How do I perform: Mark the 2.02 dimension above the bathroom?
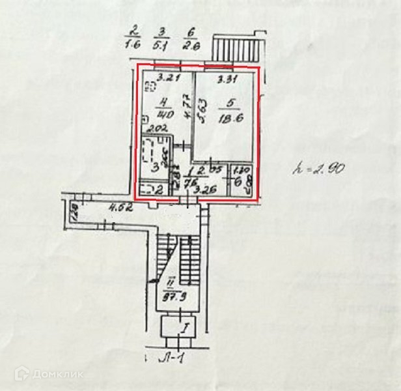pos(155,129)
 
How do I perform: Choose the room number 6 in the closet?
pos(240,182)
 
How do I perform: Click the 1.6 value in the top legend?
pos(134,46)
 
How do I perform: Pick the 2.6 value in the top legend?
pos(191,46)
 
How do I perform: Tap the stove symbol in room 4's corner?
pos(150,87)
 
